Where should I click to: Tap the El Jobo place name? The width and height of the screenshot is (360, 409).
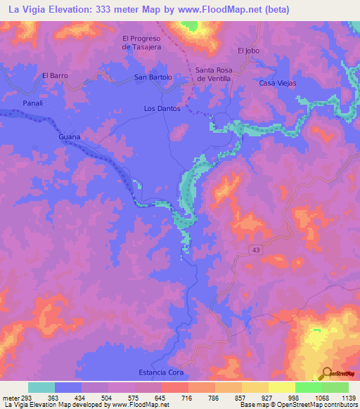click(249, 51)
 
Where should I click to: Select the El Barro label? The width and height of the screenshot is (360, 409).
click(54, 75)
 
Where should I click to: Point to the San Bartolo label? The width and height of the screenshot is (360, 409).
click(153, 77)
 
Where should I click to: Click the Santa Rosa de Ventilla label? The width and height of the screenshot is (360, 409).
click(215, 74)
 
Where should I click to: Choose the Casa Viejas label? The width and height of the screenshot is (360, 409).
click(278, 83)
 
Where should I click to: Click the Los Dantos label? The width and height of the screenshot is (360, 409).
click(162, 109)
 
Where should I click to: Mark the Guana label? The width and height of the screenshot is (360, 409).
click(70, 136)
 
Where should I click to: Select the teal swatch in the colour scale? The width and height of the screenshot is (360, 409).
click(41, 387)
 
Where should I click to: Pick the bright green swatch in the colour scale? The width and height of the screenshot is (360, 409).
click(308, 387)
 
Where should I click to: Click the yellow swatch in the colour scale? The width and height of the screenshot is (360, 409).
click(281, 387)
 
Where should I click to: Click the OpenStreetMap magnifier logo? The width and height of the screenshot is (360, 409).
click(326, 373)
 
